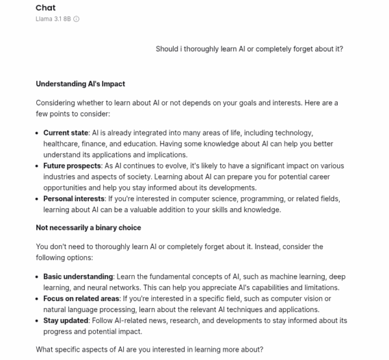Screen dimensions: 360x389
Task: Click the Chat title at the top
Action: click(45, 8)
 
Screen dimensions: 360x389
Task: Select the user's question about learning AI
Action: click(250, 49)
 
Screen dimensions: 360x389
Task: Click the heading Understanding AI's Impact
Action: click(80, 84)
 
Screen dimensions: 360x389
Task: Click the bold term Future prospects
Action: click(72, 165)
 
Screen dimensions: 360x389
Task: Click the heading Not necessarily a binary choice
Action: click(88, 228)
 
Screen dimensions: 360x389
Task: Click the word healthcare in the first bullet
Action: click(61, 143)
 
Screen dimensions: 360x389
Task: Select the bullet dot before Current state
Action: click(38, 133)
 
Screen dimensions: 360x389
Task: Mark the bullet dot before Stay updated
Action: click(38, 321)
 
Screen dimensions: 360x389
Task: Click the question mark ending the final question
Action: click(261, 350)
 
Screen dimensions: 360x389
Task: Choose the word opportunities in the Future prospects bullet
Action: click(67, 187)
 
